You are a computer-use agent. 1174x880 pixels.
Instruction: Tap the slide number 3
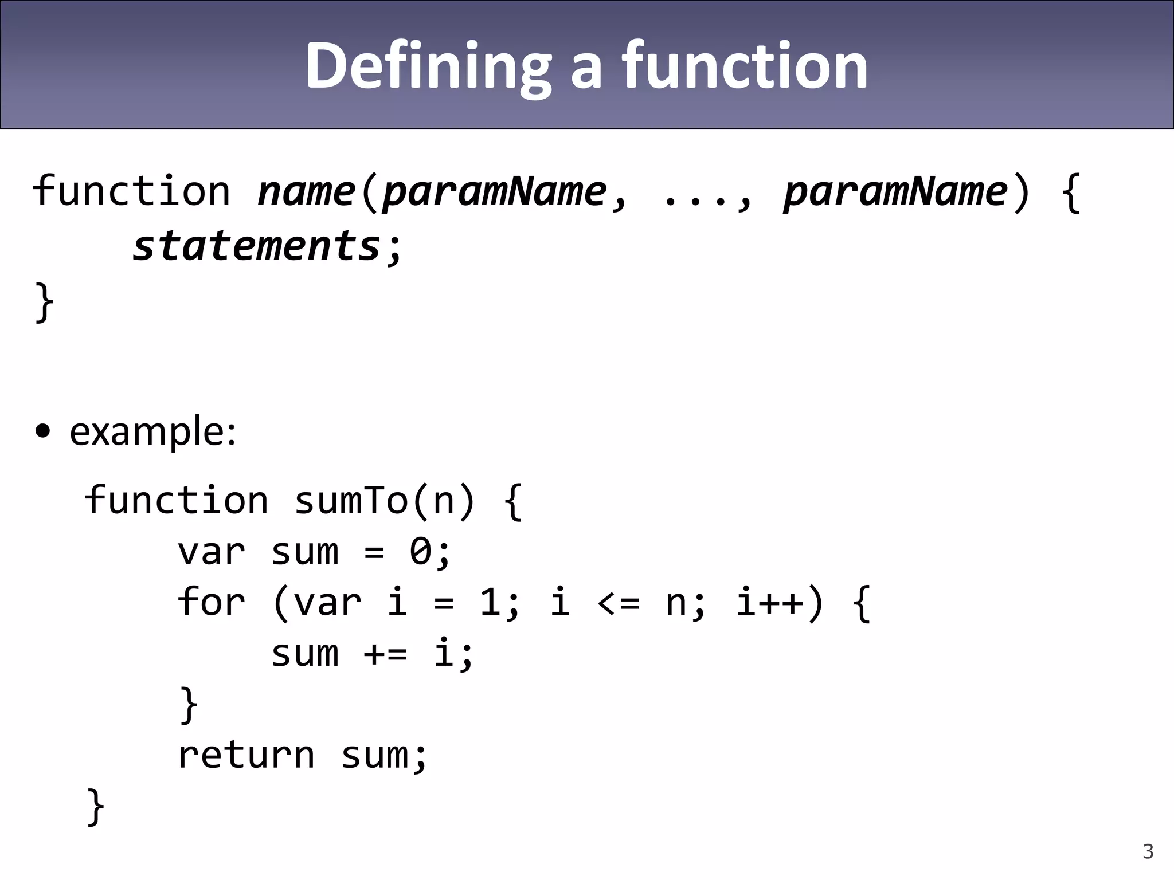[x=1148, y=851]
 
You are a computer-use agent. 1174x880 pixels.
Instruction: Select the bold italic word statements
[x=257, y=246]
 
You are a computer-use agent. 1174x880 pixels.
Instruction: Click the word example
[x=152, y=431]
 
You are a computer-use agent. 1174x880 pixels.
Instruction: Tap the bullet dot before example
[x=43, y=431]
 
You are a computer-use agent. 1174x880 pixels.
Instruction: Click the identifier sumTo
[x=351, y=501]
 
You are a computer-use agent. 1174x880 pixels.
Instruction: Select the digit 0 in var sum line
[x=421, y=552]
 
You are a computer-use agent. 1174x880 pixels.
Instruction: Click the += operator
[x=385, y=654]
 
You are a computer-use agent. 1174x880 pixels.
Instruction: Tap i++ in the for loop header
[x=770, y=602]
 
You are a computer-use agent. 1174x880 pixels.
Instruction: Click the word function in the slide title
[x=745, y=66]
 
